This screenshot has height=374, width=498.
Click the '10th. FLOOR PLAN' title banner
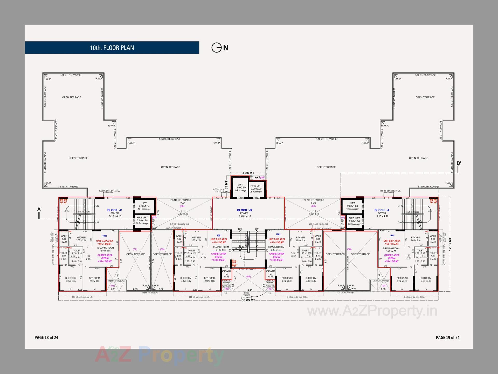click(x=112, y=48)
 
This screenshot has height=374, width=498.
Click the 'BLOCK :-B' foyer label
click(x=244, y=210)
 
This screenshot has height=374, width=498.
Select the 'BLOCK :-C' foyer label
click(x=115, y=210)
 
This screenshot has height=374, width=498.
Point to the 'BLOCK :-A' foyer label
click(x=382, y=210)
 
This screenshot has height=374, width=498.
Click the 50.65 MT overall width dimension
click(x=248, y=300)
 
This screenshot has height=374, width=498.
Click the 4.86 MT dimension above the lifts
click(x=248, y=173)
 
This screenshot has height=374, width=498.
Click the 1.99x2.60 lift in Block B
click(x=240, y=188)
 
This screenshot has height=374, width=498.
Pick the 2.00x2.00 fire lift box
click(x=256, y=189)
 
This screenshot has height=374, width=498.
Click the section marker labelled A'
click(x=39, y=209)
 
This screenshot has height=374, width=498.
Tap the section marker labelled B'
click(x=459, y=163)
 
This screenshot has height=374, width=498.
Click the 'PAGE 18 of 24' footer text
click(x=46, y=337)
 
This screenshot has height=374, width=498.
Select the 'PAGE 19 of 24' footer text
click(x=447, y=337)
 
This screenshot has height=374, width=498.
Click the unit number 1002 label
click(x=278, y=235)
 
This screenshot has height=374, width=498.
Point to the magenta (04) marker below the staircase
click(x=248, y=277)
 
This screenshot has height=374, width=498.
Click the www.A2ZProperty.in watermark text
click(x=372, y=311)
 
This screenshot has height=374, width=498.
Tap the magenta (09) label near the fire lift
click(x=262, y=178)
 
